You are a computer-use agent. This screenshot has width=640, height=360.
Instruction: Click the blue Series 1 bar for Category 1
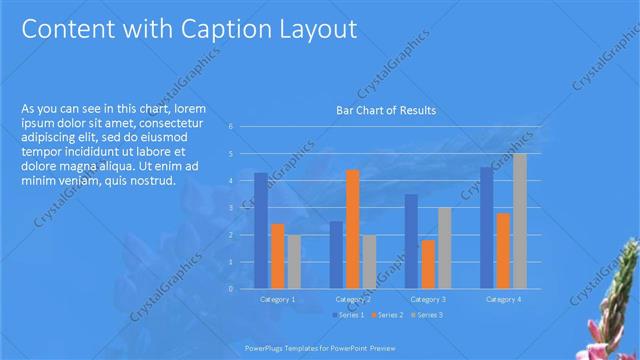[x=261, y=230]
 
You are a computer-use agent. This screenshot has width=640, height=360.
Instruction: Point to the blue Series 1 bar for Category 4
[x=487, y=227]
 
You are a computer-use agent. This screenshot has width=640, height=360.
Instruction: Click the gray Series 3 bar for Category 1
[x=293, y=261]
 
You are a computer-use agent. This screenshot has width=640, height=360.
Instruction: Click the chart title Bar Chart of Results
[x=385, y=110]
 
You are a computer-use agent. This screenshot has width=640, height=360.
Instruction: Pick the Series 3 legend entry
[x=425, y=315]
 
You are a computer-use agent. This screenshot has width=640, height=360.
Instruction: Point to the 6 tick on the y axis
[x=230, y=127]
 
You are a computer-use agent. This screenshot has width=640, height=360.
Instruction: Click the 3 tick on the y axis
[x=230, y=208]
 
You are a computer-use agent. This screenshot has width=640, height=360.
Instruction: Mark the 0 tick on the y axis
[x=230, y=289]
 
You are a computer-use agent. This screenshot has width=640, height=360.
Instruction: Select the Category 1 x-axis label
[x=277, y=299]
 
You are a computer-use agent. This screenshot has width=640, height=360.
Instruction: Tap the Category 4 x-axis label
[x=503, y=299]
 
